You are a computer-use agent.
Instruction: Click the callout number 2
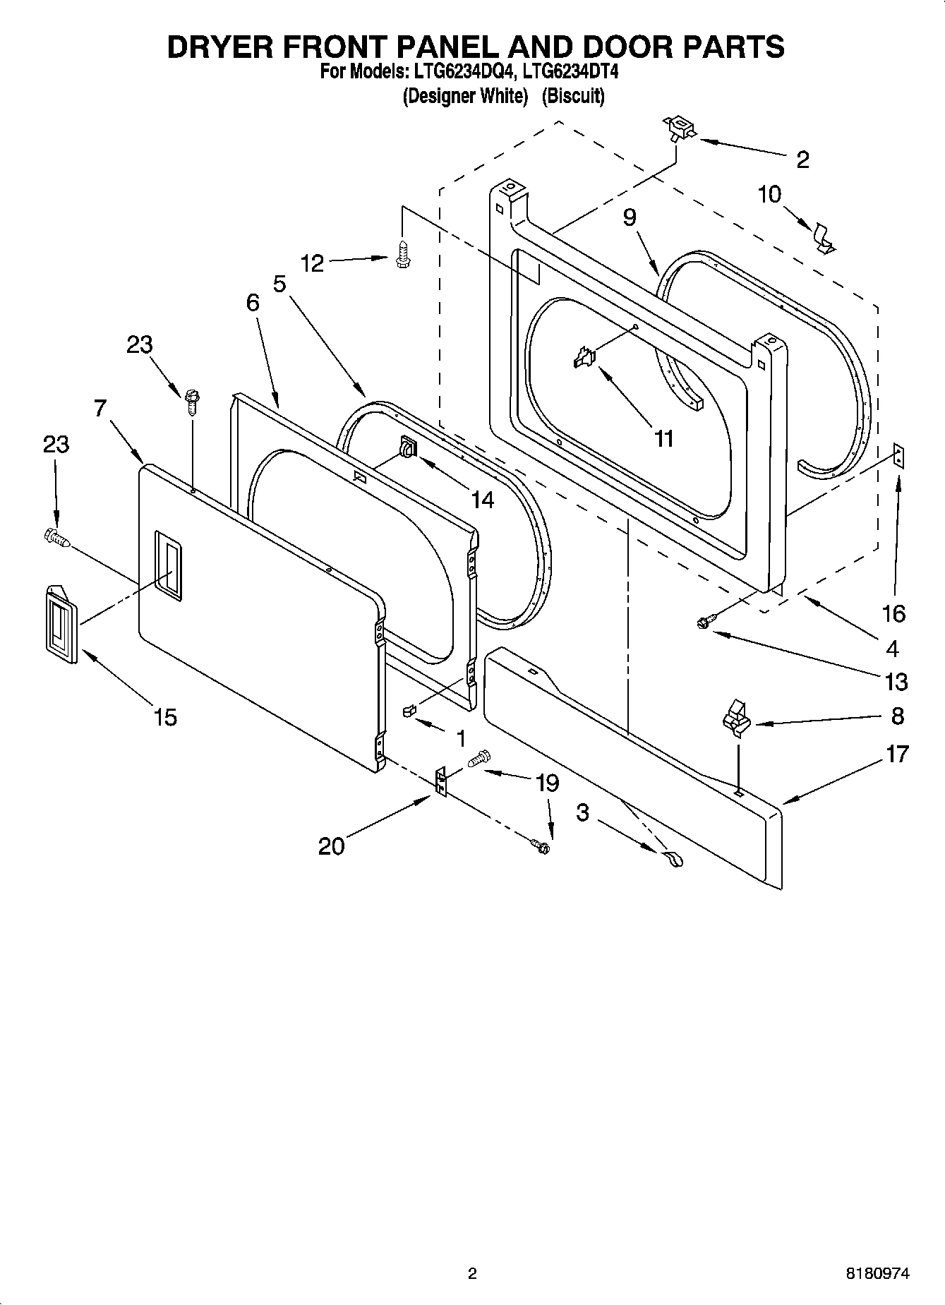802,160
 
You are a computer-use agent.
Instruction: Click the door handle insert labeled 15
61,625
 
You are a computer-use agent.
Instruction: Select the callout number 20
331,845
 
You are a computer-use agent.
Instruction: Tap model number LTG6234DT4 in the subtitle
571,72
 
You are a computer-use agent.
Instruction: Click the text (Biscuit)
572,96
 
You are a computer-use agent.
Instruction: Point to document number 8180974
877,1273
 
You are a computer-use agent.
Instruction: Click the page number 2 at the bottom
472,1273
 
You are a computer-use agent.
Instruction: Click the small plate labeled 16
898,455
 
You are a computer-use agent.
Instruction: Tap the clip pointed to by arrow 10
822,238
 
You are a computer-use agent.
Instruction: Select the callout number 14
482,500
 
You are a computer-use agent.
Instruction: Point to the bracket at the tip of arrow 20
441,782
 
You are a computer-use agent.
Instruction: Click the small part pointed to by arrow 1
409,710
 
